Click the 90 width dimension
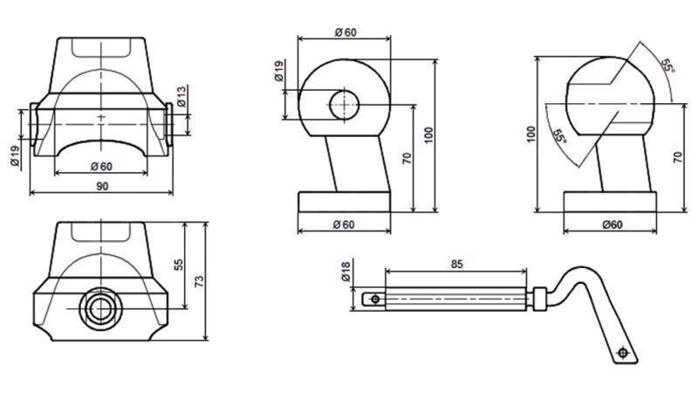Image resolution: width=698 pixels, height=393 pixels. point(102,185)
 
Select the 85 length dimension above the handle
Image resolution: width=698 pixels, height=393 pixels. point(457,262)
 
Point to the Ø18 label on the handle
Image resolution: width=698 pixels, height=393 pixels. point(346,272)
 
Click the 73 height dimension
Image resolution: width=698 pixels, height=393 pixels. point(199,281)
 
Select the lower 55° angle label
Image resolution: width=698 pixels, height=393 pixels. point(559,136)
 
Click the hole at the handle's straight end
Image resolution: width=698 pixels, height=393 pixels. point(375,299)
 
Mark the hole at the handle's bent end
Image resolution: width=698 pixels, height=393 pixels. point(622,352)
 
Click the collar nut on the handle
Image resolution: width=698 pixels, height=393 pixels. point(540,298)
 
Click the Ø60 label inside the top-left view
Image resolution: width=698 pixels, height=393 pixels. point(102,167)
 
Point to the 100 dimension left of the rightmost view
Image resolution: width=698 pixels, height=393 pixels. point(530,134)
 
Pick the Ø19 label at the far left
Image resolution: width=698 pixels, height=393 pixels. point(15,155)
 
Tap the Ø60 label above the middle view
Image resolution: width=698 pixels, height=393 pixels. point(346,32)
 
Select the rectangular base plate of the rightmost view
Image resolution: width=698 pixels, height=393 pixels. point(610,202)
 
